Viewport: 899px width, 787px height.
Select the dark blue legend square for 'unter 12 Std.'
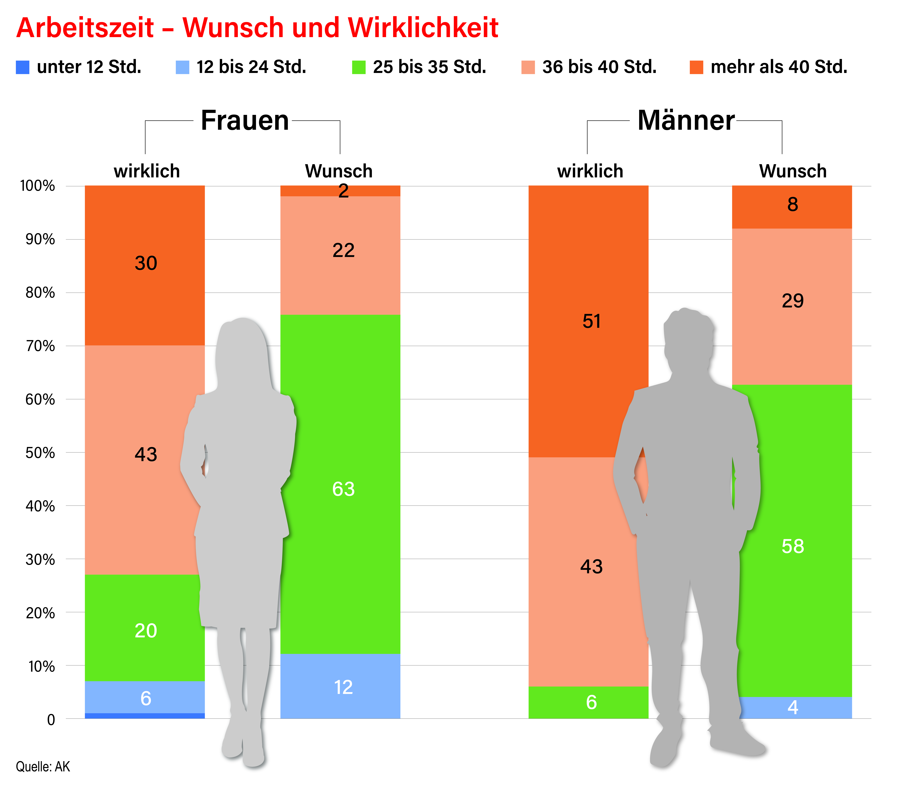click(x=22, y=67)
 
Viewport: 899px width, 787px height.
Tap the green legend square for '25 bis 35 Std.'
click(x=359, y=67)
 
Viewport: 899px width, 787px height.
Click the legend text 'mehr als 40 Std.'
click(x=779, y=67)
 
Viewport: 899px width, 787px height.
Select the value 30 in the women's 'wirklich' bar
click(x=146, y=263)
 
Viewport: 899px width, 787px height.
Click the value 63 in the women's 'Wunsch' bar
click(x=343, y=489)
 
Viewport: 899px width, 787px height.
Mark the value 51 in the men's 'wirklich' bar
click(x=591, y=321)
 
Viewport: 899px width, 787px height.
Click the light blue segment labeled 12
click(x=340, y=686)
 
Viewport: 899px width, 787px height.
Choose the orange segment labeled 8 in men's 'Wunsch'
click(x=792, y=207)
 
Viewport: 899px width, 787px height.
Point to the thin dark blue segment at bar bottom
click(x=145, y=716)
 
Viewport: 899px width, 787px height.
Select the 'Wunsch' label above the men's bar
click(x=793, y=171)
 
